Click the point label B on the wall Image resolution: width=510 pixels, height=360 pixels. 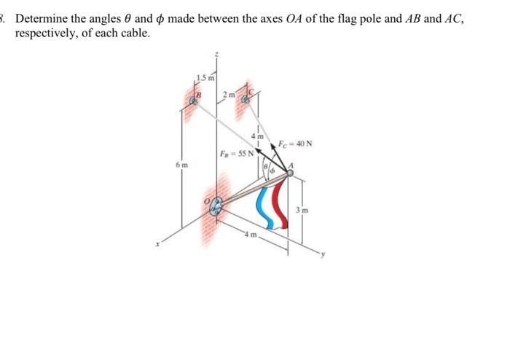195,93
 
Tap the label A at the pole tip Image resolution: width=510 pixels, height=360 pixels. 291,165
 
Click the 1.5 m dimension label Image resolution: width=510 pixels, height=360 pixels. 205,77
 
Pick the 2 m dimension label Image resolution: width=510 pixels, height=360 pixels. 229,93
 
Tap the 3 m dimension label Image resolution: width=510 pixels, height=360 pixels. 302,211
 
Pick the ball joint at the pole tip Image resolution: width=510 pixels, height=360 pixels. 289,173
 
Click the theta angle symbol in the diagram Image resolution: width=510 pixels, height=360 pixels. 267,171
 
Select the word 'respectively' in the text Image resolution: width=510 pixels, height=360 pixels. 46,34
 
